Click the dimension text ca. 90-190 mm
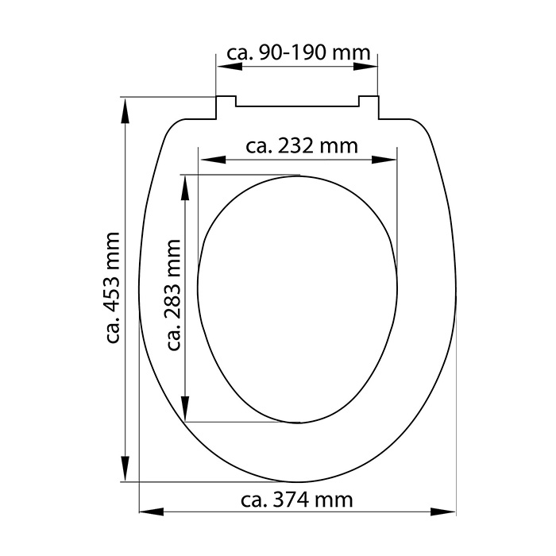click(x=298, y=53)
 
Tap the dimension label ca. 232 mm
click(x=302, y=146)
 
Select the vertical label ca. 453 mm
click(x=113, y=288)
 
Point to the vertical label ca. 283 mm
click(x=173, y=295)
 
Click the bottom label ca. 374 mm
click(x=297, y=500)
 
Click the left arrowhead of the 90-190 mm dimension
click(x=230, y=66)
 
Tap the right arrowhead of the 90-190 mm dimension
click(x=365, y=66)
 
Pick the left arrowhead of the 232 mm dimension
click(x=213, y=160)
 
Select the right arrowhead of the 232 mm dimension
click(x=384, y=160)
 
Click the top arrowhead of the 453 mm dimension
click(x=125, y=111)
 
